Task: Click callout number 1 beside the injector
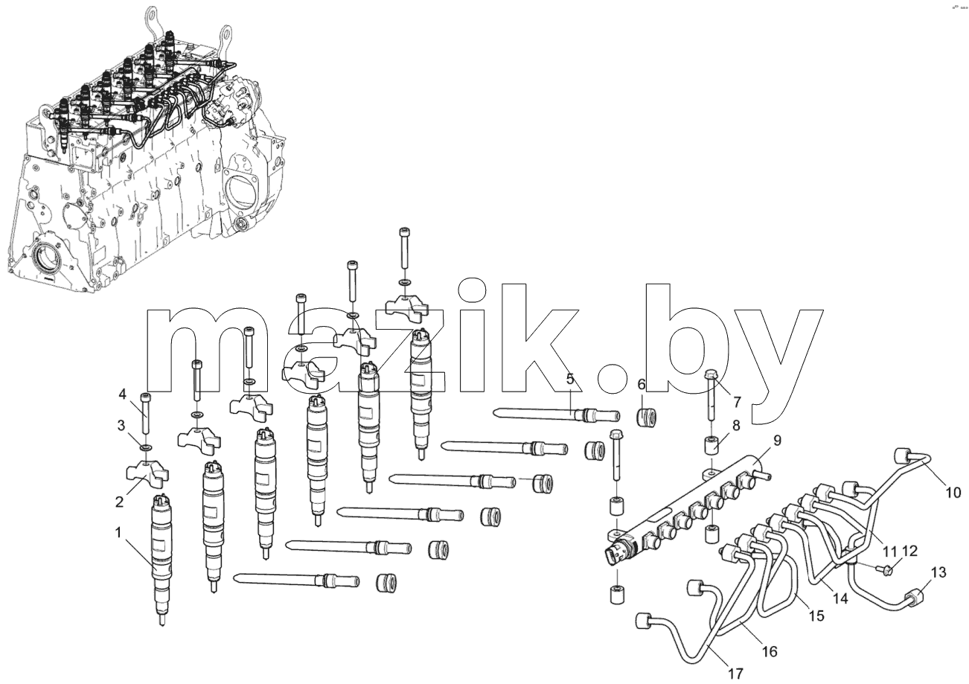point(118,533)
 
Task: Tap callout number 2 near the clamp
point(119,502)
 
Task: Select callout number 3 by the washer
point(121,425)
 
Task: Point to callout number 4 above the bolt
point(122,394)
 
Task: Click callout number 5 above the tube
point(570,379)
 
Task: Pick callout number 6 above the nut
point(641,384)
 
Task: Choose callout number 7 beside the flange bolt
point(737,401)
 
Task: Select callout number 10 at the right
point(953,492)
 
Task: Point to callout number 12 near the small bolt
point(909,552)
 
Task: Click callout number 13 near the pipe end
point(938,572)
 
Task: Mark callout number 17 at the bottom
point(735,673)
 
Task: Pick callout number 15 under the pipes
point(817,616)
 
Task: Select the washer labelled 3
point(146,446)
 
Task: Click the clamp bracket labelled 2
point(147,474)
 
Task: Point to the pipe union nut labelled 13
point(914,598)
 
